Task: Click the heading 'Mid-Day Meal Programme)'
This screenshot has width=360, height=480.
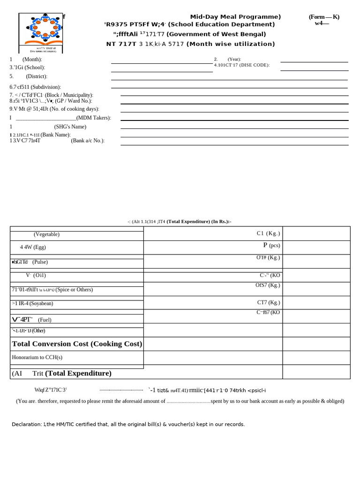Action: [x=235, y=17]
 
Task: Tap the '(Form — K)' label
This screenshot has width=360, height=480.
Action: [x=324, y=17]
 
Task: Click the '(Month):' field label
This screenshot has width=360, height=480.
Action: [x=32, y=60]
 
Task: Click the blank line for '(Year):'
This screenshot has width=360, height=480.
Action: [x=314, y=61]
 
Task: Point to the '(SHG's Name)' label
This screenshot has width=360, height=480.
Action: [x=70, y=127]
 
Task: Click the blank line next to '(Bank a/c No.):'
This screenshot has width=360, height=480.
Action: [x=234, y=145]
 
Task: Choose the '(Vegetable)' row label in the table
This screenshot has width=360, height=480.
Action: [x=46, y=234]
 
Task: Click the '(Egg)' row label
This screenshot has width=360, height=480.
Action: [x=39, y=247]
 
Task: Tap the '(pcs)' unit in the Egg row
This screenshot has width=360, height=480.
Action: [x=274, y=246]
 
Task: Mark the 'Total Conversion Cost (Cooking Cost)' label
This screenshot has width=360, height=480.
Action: [x=77, y=344]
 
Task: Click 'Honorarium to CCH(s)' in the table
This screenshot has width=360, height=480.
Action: [x=37, y=357]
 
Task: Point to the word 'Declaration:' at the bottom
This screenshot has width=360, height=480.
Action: [x=26, y=424]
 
